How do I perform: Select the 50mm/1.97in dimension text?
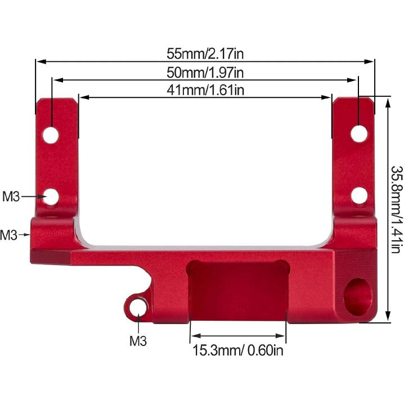coord(205,72)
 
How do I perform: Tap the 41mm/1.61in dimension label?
coord(205,89)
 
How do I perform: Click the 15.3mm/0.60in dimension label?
coord(237,351)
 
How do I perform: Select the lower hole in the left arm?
coord(52,196)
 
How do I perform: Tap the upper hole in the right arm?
coord(359,133)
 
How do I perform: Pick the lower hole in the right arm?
coord(359,195)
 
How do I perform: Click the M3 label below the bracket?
coord(138,340)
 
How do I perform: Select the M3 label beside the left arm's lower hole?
coord(11,196)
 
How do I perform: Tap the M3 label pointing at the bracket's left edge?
coord(8,235)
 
